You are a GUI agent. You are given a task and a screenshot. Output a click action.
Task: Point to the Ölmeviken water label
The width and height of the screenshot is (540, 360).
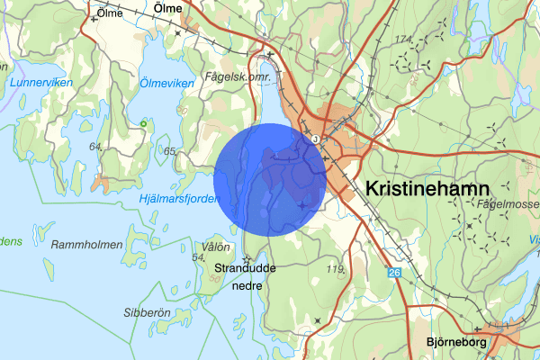pyautogui.click(x=166, y=83)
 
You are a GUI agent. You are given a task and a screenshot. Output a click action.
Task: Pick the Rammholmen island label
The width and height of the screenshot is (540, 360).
pyautogui.click(x=87, y=244)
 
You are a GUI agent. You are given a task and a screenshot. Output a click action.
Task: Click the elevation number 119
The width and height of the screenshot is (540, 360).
pyautogui.click(x=337, y=268)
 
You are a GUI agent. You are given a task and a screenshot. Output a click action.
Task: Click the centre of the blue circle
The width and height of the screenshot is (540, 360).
pyautogui.click(x=271, y=180)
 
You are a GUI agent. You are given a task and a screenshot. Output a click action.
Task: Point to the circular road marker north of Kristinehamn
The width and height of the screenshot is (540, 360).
pyautogui.click(x=315, y=139)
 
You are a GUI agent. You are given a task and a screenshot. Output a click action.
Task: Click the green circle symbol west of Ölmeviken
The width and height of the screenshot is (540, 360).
pyautogui.click(x=143, y=122)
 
